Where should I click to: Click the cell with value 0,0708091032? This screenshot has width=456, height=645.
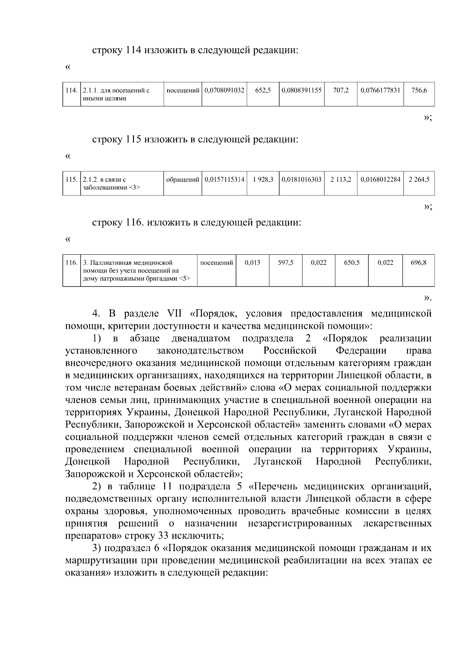[224, 90]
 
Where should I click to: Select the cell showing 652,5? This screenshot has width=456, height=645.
[263, 90]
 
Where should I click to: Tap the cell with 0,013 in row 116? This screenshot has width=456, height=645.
[252, 263]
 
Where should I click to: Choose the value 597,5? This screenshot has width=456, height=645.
[285, 263]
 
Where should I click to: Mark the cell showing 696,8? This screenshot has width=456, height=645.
[418, 263]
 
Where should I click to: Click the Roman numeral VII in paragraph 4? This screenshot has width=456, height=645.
[177, 314]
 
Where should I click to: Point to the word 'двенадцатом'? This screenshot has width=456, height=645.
[201, 339]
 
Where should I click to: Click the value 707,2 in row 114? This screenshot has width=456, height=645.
[340, 90]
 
